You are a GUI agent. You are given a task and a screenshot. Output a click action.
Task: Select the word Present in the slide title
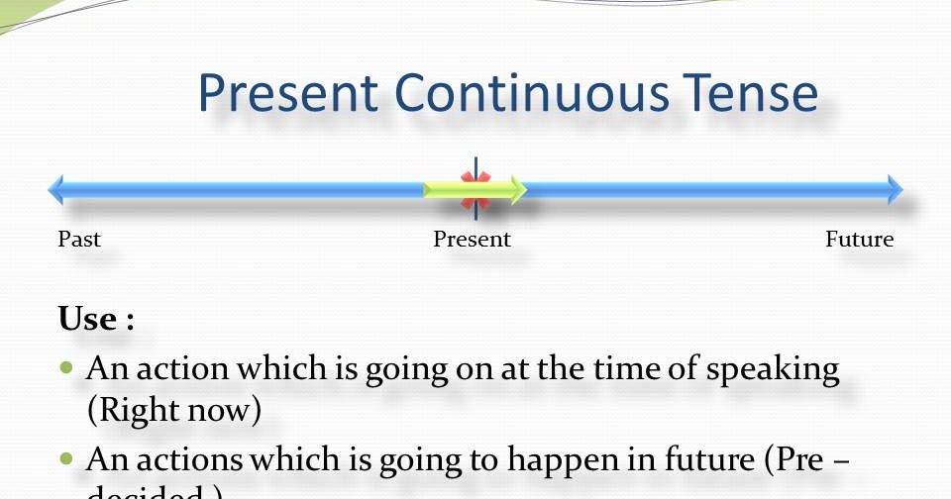(x=288, y=93)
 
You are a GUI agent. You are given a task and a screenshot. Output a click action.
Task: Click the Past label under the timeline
(x=79, y=240)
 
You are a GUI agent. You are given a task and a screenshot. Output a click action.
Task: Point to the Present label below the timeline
(x=472, y=240)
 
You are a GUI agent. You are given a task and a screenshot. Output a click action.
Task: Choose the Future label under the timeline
(x=859, y=240)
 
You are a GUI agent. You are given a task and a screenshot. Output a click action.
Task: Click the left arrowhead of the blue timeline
(x=56, y=189)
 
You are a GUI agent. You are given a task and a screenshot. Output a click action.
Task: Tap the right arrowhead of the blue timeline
(x=896, y=189)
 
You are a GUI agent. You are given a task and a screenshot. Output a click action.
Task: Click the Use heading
(x=95, y=320)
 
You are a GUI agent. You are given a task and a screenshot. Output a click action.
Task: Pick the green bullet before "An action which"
(x=66, y=368)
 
